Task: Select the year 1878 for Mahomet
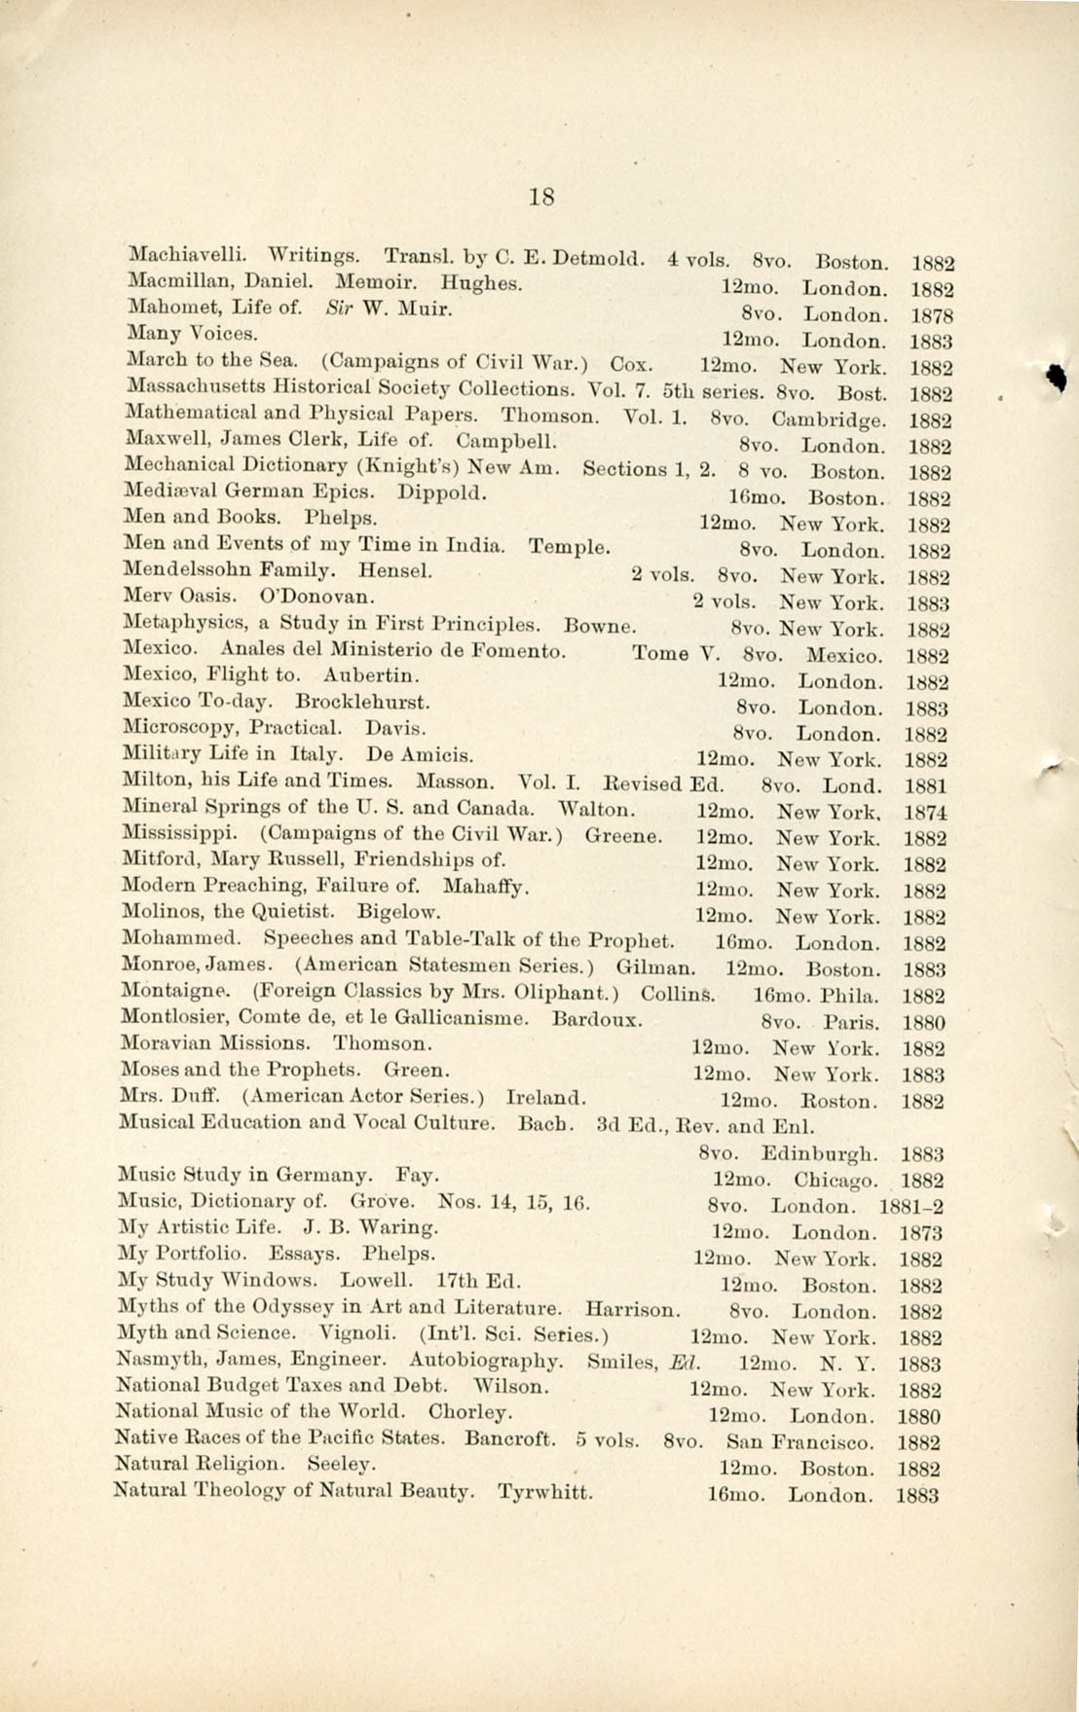point(932,316)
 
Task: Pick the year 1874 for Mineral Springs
point(927,813)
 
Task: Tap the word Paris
point(851,1024)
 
